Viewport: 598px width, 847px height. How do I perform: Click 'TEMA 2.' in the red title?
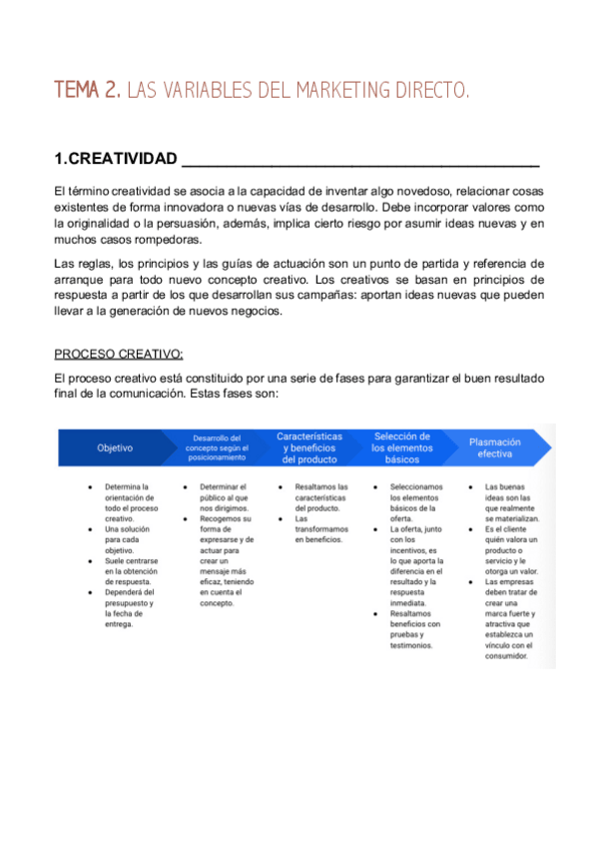pos(87,92)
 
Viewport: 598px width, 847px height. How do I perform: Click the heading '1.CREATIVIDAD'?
pos(116,160)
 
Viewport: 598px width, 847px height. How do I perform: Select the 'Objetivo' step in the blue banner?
pos(115,447)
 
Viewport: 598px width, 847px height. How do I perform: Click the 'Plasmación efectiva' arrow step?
pos(495,446)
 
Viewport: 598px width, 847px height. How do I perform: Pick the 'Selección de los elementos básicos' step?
pos(401,447)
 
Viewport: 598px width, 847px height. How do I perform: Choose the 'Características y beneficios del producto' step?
pos(309,447)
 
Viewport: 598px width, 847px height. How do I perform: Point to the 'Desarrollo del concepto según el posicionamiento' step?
pos(217,447)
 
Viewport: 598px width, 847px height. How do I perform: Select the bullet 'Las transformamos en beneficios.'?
pos(320,529)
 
